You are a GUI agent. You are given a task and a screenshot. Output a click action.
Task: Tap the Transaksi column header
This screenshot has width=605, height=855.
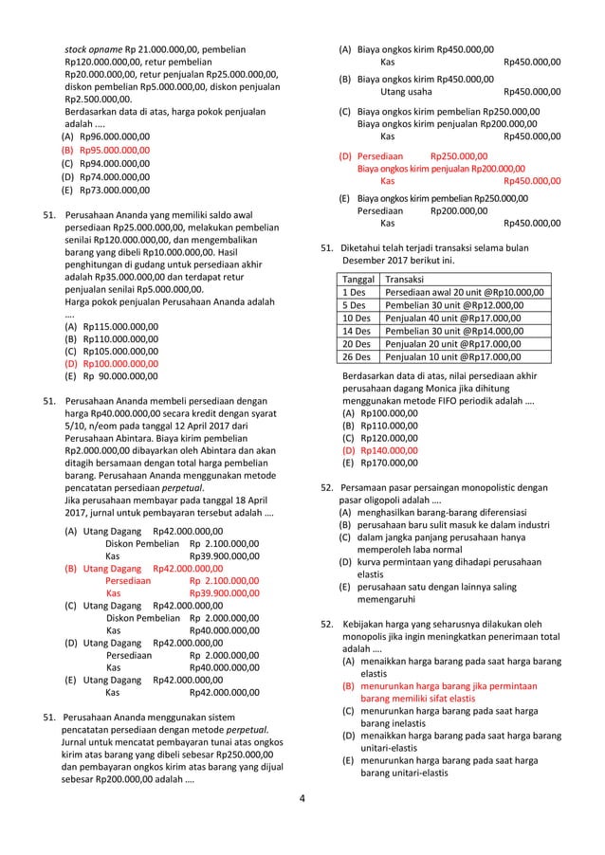tap(406, 280)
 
